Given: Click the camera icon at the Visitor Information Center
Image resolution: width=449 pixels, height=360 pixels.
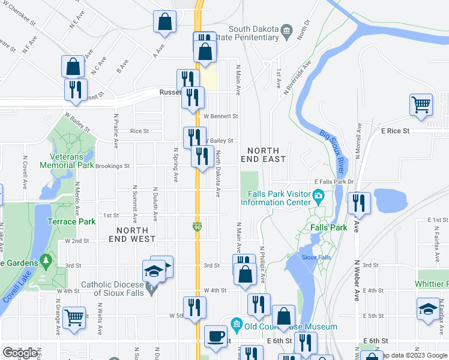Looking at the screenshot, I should pos(318,195).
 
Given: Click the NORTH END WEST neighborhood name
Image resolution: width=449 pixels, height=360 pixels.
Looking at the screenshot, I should pos(132,235).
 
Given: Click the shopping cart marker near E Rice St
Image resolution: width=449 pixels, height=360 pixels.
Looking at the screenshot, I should pos(421,104).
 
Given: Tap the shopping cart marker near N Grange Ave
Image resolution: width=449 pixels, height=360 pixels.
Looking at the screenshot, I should pos(74,317).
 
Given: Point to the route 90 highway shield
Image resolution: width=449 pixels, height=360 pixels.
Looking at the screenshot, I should pos(197,227).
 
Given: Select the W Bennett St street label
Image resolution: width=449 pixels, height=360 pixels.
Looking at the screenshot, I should pos(221,116).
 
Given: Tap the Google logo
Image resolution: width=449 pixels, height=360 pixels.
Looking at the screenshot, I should pos(20,353).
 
